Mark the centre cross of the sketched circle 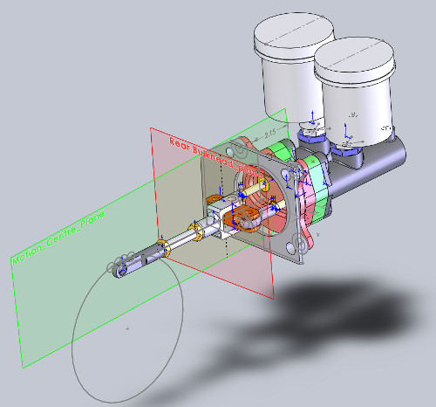(127, 328)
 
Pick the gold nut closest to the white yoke (201, 232)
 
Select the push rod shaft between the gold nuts (181, 240)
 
